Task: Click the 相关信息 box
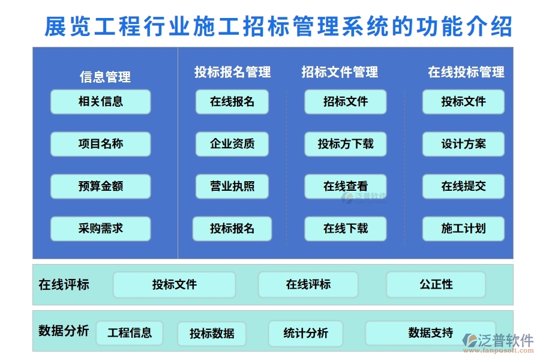tap(100, 101)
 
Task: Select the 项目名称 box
tap(100, 144)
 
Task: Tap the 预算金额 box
tap(100, 187)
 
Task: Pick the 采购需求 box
tap(100, 229)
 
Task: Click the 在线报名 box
tap(232, 101)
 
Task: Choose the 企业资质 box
tap(232, 144)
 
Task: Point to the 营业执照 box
tap(232, 187)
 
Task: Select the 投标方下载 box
tap(345, 144)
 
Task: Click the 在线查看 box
tap(345, 187)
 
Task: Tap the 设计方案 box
tap(463, 144)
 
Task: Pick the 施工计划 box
tap(463, 229)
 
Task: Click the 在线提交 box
tap(463, 187)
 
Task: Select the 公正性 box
tap(436, 284)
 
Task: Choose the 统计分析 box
tap(305, 333)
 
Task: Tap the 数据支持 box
tap(430, 332)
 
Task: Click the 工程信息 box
tap(130, 332)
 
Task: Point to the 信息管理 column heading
tap(105, 77)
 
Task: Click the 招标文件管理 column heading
tap(340, 73)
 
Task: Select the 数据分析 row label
tap(64, 331)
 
